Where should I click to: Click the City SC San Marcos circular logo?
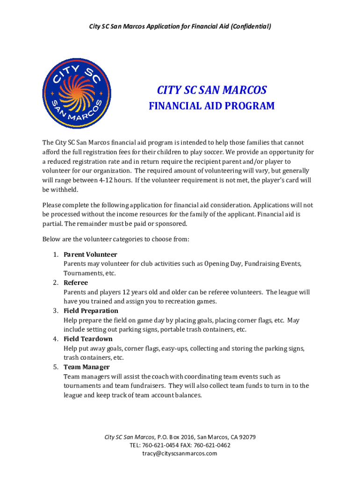(77, 94)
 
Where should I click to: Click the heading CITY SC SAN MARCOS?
(211, 90)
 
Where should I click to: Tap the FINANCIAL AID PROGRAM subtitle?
(211, 106)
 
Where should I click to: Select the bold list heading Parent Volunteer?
(90, 254)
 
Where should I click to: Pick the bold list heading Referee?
(76, 283)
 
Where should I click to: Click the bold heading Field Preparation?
(91, 311)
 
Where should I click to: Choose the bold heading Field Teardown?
(88, 339)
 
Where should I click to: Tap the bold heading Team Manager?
(86, 367)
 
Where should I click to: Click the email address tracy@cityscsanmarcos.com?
(180, 453)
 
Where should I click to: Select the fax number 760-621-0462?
(214, 445)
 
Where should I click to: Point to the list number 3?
(55, 311)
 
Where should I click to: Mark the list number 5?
(55, 367)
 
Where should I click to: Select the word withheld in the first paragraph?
(62, 189)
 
